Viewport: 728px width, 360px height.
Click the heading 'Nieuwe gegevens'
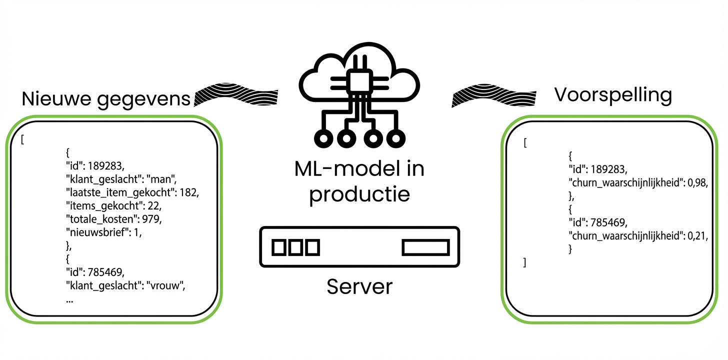(x=106, y=99)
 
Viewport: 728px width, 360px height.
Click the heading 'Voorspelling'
(x=613, y=94)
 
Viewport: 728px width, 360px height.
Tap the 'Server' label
(x=359, y=287)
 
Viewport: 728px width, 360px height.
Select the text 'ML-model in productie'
(x=359, y=180)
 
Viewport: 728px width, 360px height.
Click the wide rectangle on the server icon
(x=425, y=247)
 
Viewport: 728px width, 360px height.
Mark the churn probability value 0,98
(x=697, y=183)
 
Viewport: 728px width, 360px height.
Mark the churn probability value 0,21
(x=697, y=235)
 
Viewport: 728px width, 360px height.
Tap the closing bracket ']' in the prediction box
(x=524, y=262)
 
